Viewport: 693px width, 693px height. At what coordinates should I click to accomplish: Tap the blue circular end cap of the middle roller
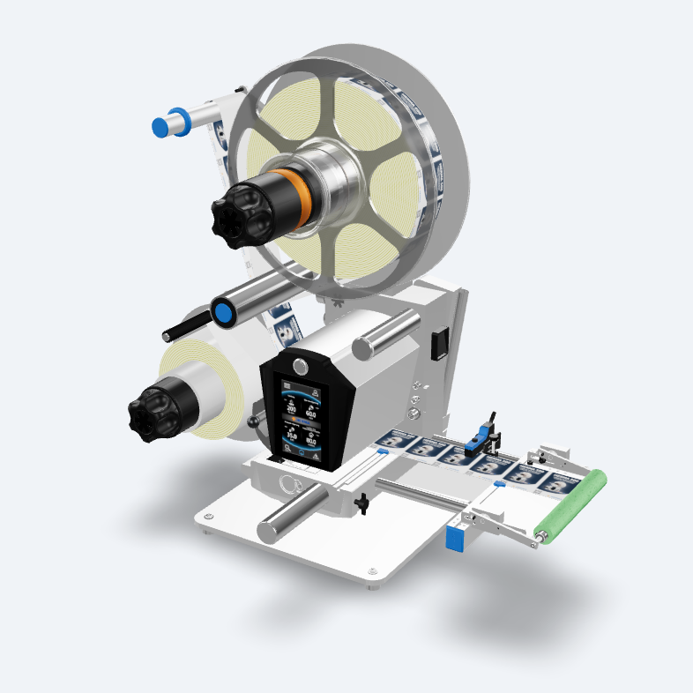pos(223,313)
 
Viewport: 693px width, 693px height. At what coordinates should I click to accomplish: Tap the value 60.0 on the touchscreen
pos(310,412)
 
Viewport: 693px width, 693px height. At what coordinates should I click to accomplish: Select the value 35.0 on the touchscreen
pos(291,433)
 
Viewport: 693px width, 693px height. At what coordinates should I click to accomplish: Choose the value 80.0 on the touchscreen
pos(311,440)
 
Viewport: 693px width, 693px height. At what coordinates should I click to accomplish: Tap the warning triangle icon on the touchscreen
pos(314,457)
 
